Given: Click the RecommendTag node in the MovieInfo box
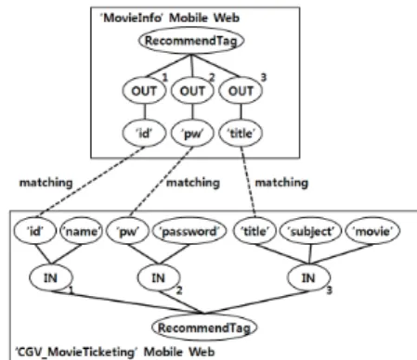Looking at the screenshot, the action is [x=191, y=41].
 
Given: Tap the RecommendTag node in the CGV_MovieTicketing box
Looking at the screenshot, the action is [x=204, y=328].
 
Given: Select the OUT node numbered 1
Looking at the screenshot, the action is [x=144, y=91].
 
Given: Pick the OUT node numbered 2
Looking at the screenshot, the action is [x=192, y=91].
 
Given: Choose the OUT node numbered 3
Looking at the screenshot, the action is [x=241, y=91].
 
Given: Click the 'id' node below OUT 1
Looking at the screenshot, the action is [x=144, y=134].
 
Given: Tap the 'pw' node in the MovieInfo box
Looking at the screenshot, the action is [x=192, y=134].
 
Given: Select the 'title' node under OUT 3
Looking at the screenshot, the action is [x=241, y=134].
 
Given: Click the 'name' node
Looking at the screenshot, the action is [x=81, y=231].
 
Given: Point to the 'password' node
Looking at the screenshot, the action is [x=189, y=231].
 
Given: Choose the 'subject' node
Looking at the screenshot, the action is [x=310, y=231].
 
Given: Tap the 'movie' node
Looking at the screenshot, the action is [x=372, y=231].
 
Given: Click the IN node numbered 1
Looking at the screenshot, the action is [x=51, y=278].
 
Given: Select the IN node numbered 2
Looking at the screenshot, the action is [x=159, y=278].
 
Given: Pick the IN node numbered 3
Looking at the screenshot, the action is [x=308, y=278].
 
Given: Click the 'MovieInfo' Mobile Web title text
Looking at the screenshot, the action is [x=170, y=18].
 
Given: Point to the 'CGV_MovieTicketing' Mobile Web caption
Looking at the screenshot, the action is [x=115, y=352].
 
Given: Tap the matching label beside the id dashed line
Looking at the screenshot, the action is [x=46, y=183].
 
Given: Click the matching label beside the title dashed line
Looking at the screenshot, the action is [x=281, y=183].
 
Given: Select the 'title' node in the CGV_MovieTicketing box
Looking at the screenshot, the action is [x=254, y=231].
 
